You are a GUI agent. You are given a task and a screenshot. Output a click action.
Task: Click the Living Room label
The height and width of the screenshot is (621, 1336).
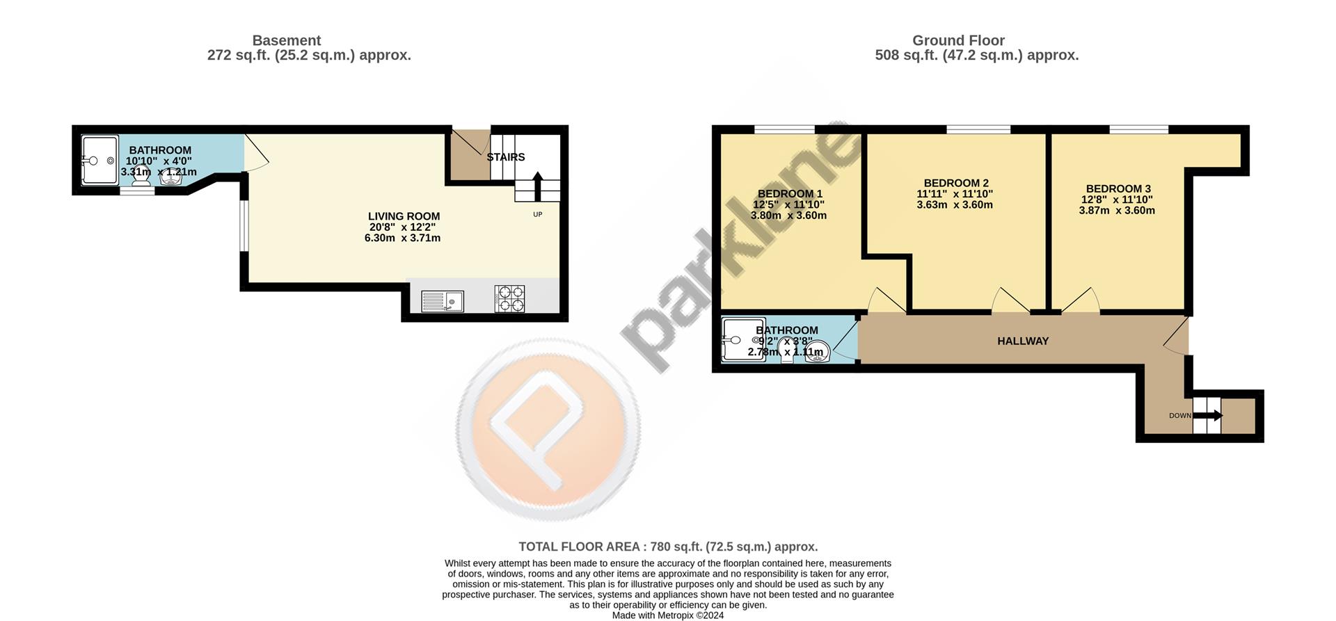pyautogui.click(x=404, y=216)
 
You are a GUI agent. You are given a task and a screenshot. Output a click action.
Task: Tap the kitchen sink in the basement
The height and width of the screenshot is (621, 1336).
pyautogui.click(x=442, y=301)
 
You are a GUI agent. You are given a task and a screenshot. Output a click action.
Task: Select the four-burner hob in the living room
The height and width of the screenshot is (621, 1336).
pyautogui.click(x=509, y=299)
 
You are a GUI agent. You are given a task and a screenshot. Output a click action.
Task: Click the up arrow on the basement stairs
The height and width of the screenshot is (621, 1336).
pyautogui.click(x=537, y=186)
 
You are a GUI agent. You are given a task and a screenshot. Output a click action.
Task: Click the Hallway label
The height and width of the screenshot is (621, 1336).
pyautogui.click(x=1022, y=341)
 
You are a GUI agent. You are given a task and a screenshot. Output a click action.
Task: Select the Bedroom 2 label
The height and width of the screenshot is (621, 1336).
pyautogui.click(x=956, y=183)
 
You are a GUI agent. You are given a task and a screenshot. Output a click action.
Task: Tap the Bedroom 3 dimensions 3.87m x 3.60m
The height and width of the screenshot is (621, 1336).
pyautogui.click(x=1117, y=210)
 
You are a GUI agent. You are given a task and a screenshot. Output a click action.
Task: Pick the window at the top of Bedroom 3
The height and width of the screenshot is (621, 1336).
pyautogui.click(x=1138, y=129)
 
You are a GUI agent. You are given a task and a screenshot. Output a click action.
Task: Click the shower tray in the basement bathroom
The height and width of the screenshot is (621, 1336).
pyautogui.click(x=100, y=160)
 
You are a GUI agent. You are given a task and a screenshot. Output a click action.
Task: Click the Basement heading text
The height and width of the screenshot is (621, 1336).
pyautogui.click(x=286, y=40)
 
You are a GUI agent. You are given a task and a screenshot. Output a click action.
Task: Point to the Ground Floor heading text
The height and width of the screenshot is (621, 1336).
pyautogui.click(x=958, y=40)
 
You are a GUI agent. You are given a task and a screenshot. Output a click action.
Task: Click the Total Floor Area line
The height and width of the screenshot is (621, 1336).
pyautogui.click(x=668, y=547)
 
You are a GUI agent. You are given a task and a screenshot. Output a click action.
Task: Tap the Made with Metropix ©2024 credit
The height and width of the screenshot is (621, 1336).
pyautogui.click(x=668, y=615)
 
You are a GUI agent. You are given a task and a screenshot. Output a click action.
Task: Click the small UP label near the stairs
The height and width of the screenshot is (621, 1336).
pyautogui.click(x=537, y=214)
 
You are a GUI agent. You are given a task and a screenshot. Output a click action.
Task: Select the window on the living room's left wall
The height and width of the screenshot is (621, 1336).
pyautogui.click(x=243, y=225)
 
